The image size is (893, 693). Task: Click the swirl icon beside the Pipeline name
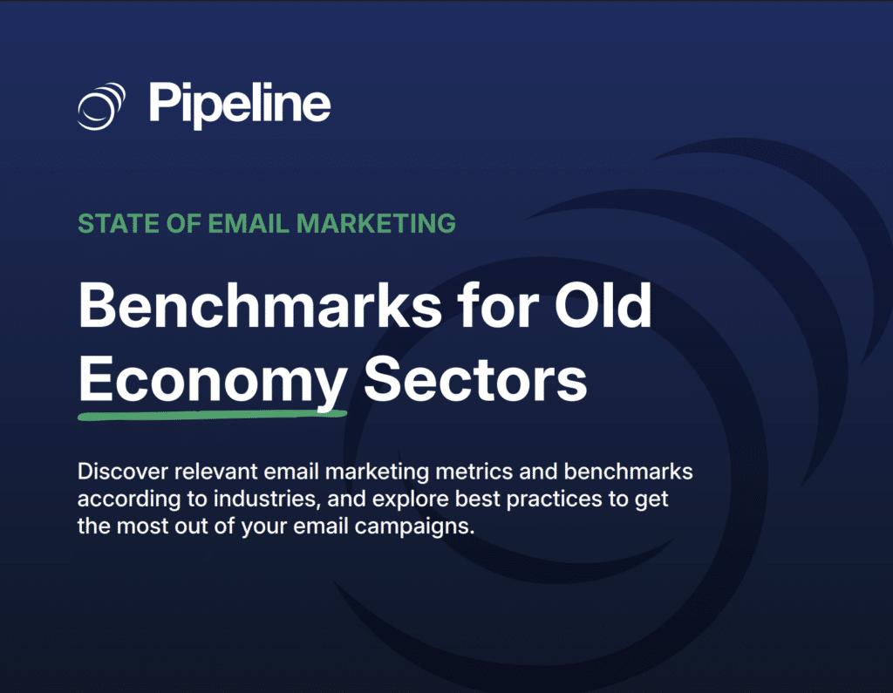pyautogui.click(x=102, y=105)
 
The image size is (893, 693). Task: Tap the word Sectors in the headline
pyautogui.click(x=474, y=378)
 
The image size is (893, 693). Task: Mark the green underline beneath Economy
pyautogui.click(x=212, y=413)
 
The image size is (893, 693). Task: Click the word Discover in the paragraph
pyautogui.click(x=121, y=472)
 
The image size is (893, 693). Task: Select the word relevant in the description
pyautogui.click(x=218, y=472)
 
